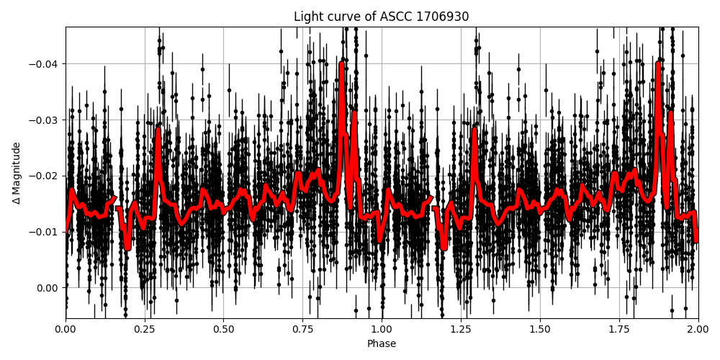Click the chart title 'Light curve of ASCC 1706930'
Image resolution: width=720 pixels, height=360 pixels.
tap(381, 17)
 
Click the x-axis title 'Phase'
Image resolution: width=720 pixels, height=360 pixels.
tap(381, 343)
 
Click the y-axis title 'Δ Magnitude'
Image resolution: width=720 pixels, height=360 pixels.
tap(16, 173)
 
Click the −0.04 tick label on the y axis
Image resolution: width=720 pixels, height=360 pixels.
tap(45, 64)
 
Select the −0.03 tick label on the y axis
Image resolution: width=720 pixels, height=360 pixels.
tap(45, 120)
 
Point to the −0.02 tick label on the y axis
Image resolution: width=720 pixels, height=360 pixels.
tap(45, 176)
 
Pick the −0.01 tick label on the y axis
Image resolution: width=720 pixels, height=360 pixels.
tap(45, 232)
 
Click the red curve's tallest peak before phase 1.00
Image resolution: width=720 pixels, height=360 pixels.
tap(341, 63)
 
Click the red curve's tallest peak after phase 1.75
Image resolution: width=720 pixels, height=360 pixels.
tap(657, 63)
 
